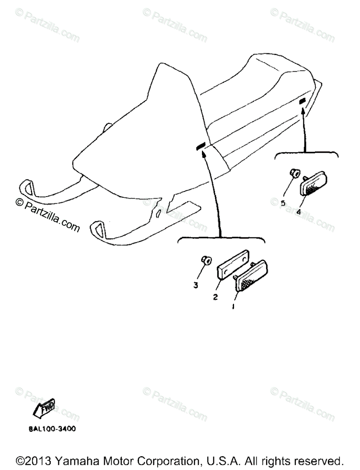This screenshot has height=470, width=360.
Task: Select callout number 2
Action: pyautogui.click(x=215, y=297)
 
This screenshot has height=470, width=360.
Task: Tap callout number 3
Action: pyautogui.click(x=196, y=285)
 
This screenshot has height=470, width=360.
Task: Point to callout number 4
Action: pyautogui.click(x=299, y=212)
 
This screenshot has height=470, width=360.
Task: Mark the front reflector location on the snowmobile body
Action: pyautogui.click(x=201, y=146)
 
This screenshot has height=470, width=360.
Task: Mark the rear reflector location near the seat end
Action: pyautogui.click(x=301, y=102)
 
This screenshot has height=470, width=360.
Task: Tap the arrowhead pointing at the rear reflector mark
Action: pyautogui.click(x=303, y=112)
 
